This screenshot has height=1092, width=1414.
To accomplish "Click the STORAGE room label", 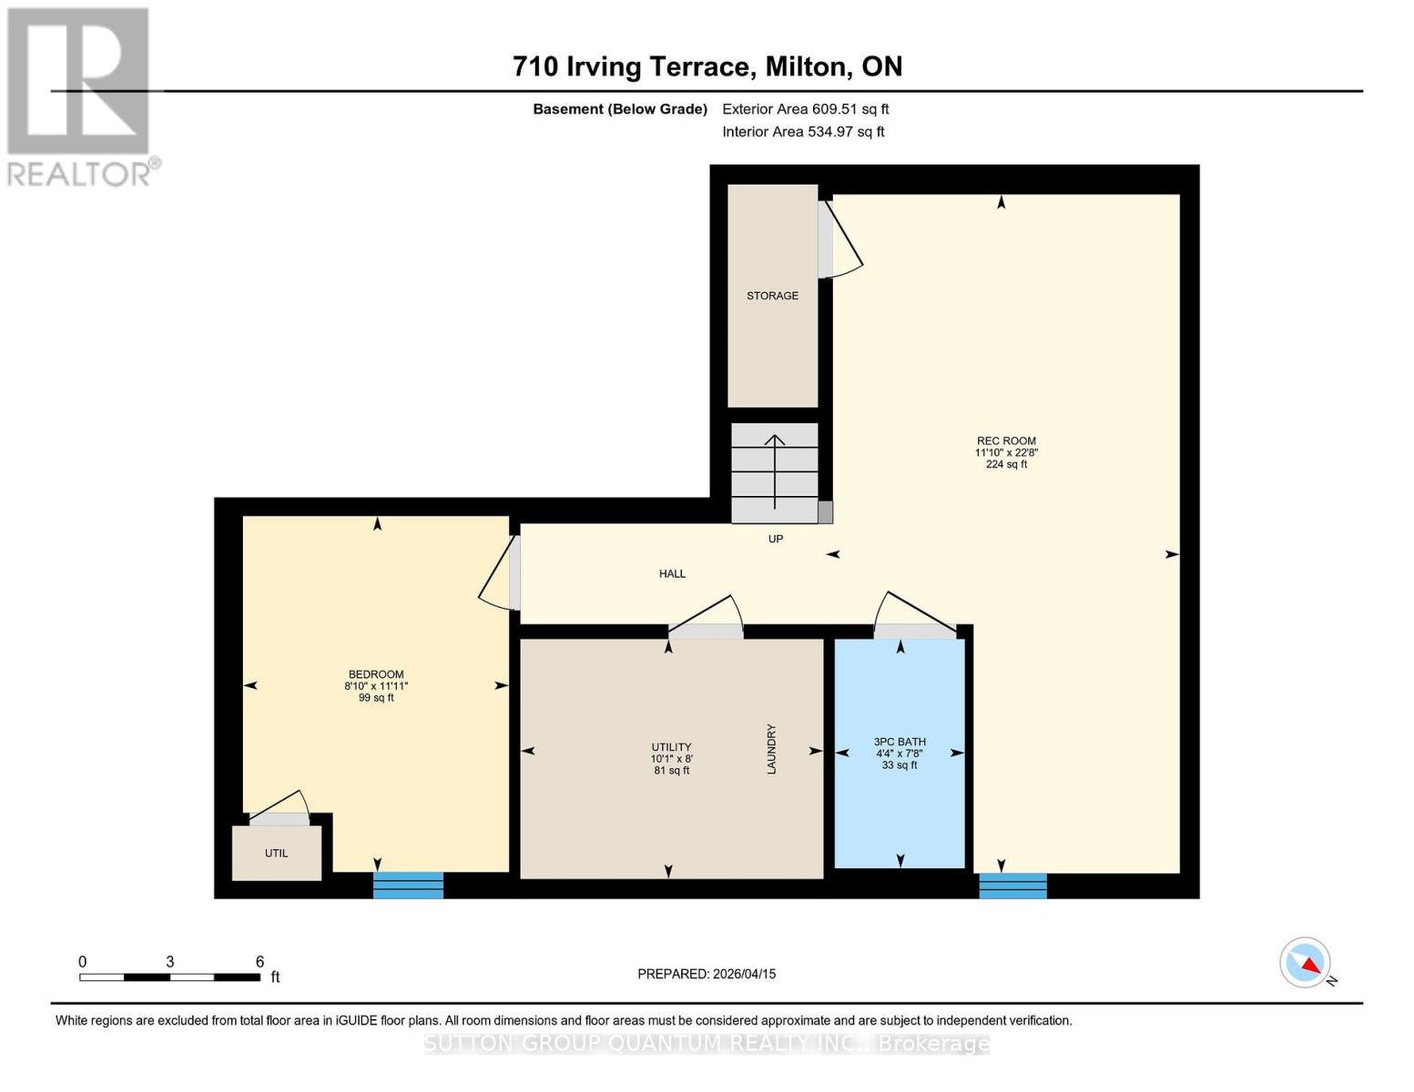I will coord(772,296).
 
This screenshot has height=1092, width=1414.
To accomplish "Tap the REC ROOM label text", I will coord(1006,440).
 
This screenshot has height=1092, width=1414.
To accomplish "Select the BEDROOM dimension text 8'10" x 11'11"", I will coord(376,686).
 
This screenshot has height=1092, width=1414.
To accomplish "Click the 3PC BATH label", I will coord(900,742).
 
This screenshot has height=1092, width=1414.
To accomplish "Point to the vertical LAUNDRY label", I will coord(771,749).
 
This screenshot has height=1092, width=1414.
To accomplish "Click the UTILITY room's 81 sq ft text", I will coord(671,771).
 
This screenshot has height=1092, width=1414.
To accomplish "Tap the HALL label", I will coord(672,573).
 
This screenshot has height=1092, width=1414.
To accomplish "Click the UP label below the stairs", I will coord(776,539).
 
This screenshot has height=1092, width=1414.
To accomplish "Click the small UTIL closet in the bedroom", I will coord(277,853).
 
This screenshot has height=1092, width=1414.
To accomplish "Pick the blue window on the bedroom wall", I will coord(408,885).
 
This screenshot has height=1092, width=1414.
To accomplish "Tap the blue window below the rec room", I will coord(1012,885).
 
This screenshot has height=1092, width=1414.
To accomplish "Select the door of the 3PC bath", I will coord(913,616).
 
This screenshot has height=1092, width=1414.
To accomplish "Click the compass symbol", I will coord(1306,963).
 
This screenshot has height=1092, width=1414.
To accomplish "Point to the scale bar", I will coord(169,976).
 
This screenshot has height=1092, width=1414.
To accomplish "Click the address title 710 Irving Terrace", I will coord(707,66).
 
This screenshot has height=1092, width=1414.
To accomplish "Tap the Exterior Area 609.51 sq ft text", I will coord(805,109).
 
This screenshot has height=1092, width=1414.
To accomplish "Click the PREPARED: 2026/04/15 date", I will coord(707,974).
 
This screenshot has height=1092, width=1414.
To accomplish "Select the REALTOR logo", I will coord(80,96).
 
